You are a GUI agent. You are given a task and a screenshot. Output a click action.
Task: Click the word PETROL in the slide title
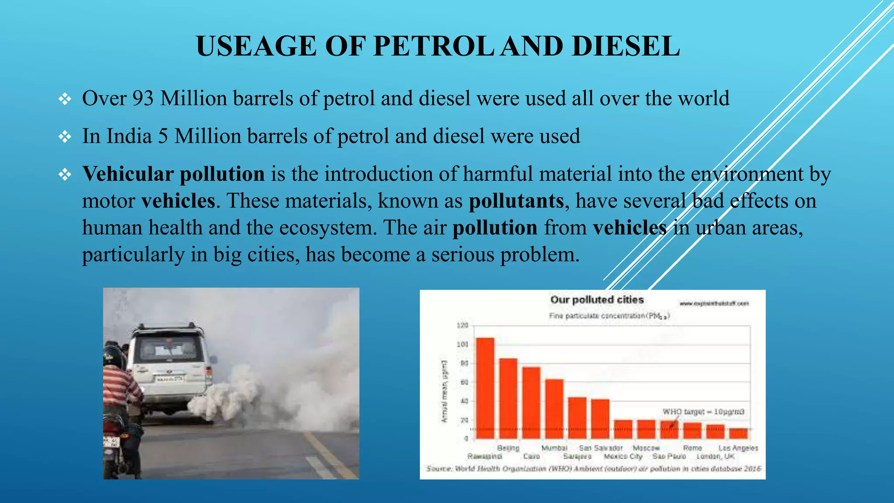tap(433, 46)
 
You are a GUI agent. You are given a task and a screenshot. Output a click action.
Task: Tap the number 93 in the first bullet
tap(143, 99)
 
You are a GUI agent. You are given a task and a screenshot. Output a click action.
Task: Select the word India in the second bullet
tap(129, 136)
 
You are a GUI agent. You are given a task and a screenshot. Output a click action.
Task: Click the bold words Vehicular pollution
tap(173, 174)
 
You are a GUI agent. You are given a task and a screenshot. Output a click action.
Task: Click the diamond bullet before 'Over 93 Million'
tap(65, 99)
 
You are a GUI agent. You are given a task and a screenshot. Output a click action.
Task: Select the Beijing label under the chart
tap(508, 448)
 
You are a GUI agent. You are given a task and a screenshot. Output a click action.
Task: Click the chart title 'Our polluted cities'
tap(597, 300)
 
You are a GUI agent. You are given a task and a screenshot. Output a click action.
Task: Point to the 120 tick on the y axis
tap(462, 325)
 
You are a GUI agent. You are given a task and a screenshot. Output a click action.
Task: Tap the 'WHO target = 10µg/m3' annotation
tap(703, 412)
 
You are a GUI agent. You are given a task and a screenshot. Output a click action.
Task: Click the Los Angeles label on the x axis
tap(738, 448)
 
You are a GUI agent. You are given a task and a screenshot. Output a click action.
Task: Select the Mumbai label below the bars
tap(554, 448)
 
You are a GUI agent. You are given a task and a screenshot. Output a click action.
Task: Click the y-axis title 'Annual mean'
tap(444, 391)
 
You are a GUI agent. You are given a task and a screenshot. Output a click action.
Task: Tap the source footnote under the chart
tap(593, 469)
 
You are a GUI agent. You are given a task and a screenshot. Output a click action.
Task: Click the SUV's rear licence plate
tap(170, 379)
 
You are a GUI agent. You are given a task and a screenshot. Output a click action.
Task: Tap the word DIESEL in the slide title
tap(625, 46)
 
